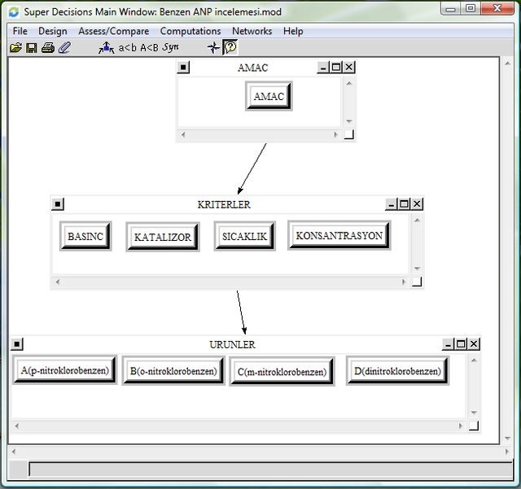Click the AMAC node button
pos(269,96)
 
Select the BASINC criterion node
pos(85,236)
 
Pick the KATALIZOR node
pos(163,237)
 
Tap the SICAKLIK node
pos(244,236)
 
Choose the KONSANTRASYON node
pos(339,235)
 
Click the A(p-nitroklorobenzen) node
pos(65,370)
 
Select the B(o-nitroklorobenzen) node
pos(173,371)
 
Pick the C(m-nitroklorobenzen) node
pos(282,372)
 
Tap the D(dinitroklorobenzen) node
pos(398,371)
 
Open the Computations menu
pos(190,31)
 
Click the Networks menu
pos(252,31)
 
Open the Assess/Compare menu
pos(114,31)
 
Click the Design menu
pos(53,31)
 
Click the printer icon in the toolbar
pos(48,48)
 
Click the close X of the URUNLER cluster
pos(474,344)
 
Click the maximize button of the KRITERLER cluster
pos(404,203)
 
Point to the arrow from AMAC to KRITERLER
pos(252,168)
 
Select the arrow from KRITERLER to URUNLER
pos(242,312)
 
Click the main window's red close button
pos(497,8)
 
